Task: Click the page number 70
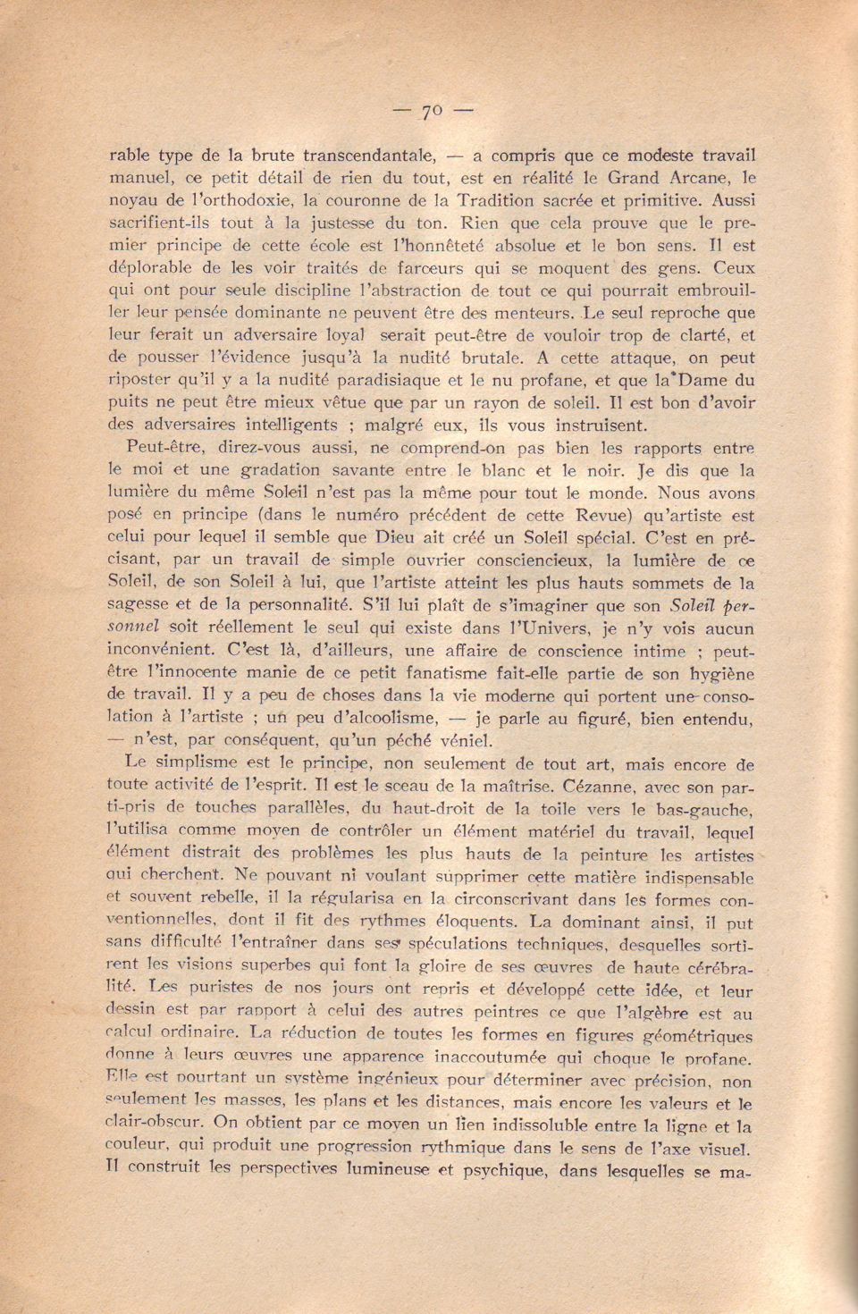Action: coord(433,111)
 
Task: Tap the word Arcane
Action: coord(705,177)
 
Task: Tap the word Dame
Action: coord(709,380)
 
